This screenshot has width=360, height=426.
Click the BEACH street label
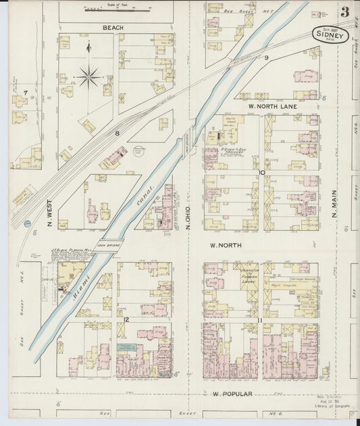tap(113, 28)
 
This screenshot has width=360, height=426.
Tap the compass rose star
tap(88, 77)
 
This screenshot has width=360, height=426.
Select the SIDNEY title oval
tap(330, 34)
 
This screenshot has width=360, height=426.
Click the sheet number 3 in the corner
tap(345, 11)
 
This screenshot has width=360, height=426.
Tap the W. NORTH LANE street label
tap(272, 106)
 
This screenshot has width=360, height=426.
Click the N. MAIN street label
tap(334, 203)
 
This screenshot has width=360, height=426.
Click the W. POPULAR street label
tap(232, 394)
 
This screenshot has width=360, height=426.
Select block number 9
tap(266, 58)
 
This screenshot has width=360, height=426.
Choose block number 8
tap(117, 133)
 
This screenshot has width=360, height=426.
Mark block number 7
tap(25, 92)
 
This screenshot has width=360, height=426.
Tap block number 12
tap(126, 319)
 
